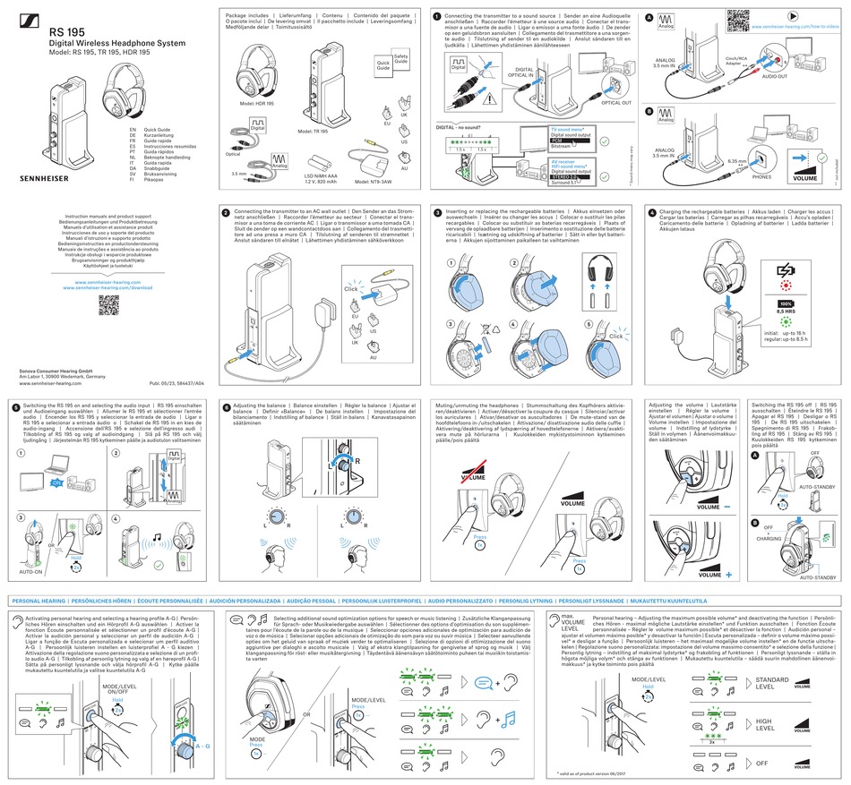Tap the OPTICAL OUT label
coord(615,103)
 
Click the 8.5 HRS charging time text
coord(787,312)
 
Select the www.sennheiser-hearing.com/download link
coord(108,288)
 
